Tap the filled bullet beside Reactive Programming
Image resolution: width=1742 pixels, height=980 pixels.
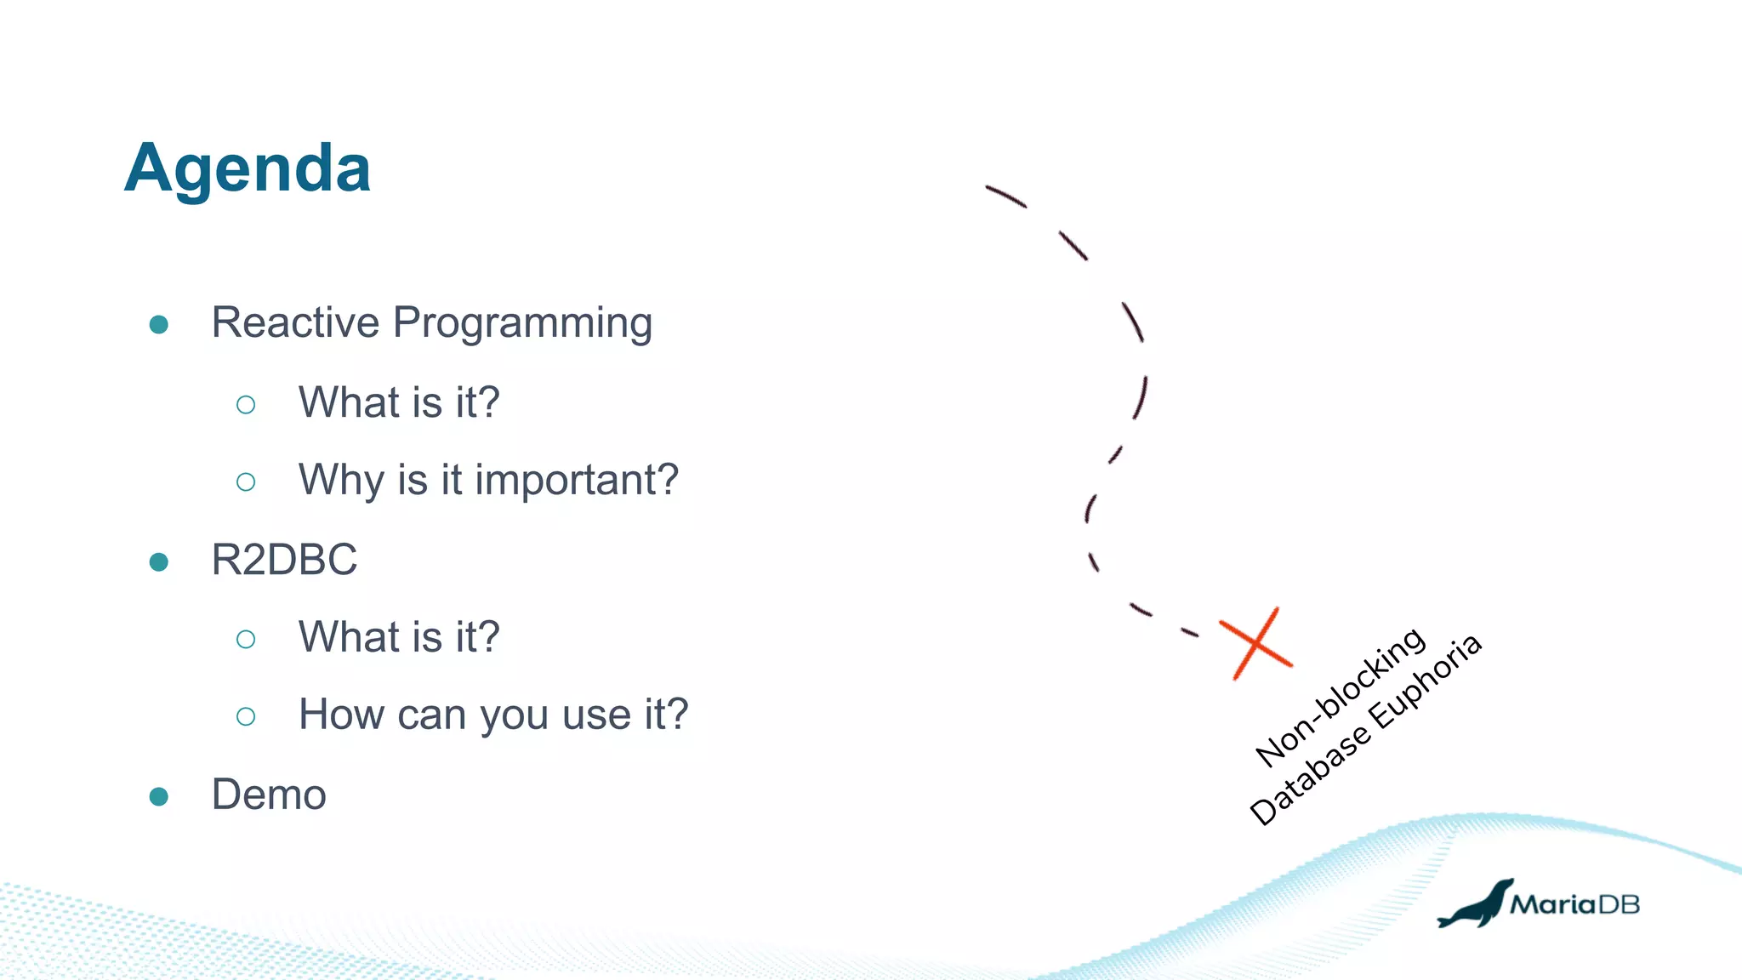[x=158, y=325]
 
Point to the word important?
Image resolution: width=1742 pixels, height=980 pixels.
[x=577, y=480]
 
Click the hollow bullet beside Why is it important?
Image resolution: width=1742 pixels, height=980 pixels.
[x=246, y=482]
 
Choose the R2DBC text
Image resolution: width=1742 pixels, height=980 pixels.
[x=284, y=560]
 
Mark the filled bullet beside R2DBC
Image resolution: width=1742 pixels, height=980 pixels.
[x=158, y=561]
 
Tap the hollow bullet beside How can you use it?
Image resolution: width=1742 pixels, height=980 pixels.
[x=246, y=716]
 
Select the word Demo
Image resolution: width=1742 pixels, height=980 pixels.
[x=269, y=795]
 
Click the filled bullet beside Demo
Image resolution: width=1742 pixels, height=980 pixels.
[x=158, y=796]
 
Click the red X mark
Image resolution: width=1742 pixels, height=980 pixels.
[x=1255, y=644]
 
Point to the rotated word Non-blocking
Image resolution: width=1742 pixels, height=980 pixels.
[x=1341, y=698]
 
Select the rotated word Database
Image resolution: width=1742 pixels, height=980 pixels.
[x=1310, y=776]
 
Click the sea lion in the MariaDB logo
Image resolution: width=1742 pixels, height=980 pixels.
[x=1476, y=907]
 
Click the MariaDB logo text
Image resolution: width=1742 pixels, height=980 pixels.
[x=1574, y=904]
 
